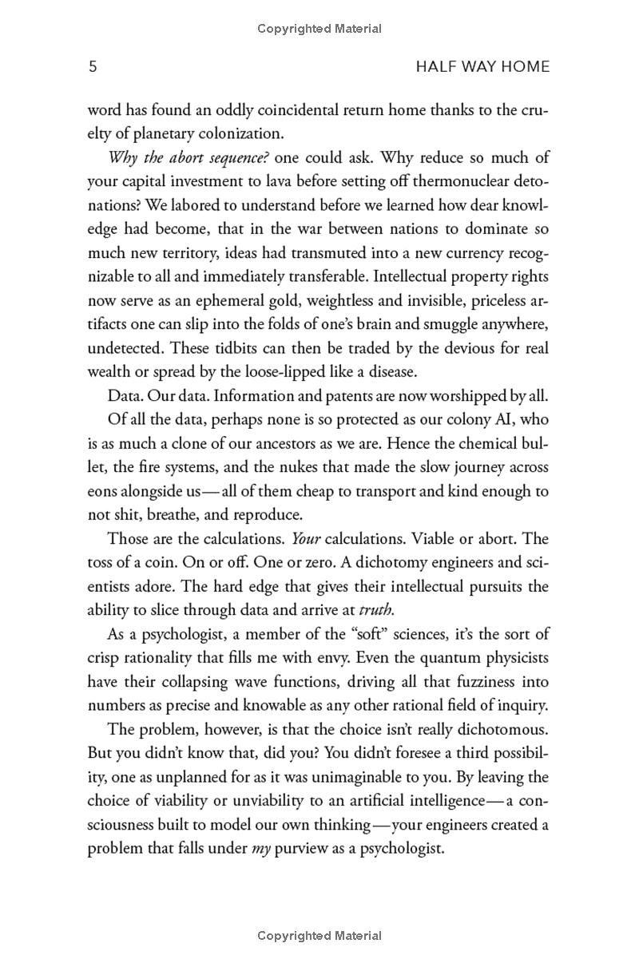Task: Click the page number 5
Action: tap(92, 67)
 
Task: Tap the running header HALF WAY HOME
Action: tap(483, 67)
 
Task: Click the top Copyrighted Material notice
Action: tap(319, 29)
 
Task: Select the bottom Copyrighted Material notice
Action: tap(319, 936)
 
